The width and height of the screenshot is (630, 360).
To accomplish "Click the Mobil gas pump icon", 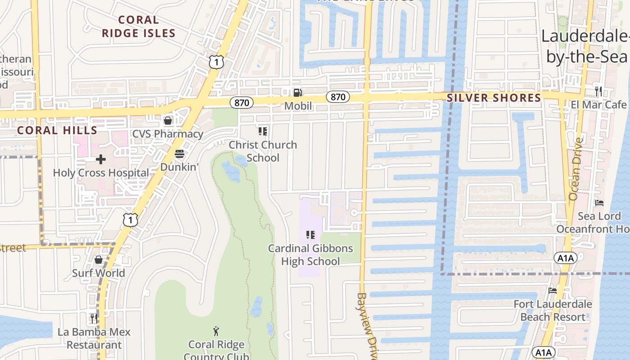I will pos(297,93).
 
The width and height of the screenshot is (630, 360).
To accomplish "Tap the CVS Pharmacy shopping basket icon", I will pos(168,120).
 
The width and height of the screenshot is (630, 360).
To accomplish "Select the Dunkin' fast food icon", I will pos(180,154).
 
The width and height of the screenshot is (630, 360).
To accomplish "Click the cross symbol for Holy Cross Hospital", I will pos(101,159).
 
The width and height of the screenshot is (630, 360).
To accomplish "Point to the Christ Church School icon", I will pos(263,131).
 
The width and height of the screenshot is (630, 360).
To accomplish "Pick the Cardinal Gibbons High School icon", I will pos(310,234).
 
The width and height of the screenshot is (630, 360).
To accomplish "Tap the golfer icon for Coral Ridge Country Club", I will pos(216,331).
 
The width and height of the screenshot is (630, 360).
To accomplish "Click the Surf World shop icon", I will pos(99,260).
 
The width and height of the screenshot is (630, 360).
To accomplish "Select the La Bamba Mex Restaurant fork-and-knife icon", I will pos(94,319).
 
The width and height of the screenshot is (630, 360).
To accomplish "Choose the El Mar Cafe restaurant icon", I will pos(598,91).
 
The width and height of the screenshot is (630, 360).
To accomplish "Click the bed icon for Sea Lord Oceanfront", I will pos(599,203).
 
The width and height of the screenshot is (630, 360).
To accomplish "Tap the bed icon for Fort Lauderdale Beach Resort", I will pos(553,291).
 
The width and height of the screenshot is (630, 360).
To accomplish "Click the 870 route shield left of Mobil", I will pos(242,103).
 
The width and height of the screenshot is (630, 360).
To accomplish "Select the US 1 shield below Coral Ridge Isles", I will pos(216,62).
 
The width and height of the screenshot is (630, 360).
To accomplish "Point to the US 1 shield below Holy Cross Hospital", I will pos(130,220).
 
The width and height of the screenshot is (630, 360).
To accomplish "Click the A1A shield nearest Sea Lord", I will pos(565,258).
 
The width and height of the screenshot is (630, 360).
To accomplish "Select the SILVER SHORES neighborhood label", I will pos(494,98).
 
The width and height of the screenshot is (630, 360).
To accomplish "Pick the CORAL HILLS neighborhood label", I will pos(57,130).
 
